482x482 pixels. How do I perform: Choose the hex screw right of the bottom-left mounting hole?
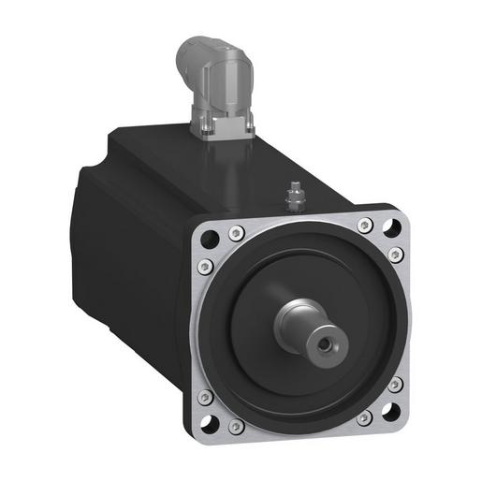coord(238,426)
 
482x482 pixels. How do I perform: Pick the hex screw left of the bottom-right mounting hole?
coord(362,417)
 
